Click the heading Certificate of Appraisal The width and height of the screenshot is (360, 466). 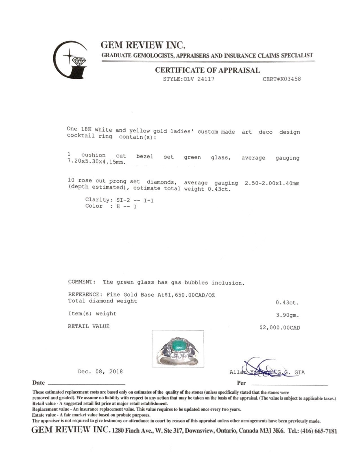pyautogui.click(x=207, y=70)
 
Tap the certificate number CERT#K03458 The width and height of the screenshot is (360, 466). pyautogui.click(x=282, y=79)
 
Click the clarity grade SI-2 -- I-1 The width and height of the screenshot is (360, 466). pyautogui.click(x=135, y=200)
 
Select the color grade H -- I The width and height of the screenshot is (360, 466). pyautogui.click(x=126, y=206)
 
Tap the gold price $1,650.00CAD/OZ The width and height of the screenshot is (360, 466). pyautogui.click(x=186, y=295)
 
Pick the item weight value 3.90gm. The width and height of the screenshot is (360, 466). pyautogui.click(x=287, y=315)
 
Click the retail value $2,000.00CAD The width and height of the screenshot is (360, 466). pyautogui.click(x=280, y=328)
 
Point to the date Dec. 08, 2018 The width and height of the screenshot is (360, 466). pyautogui.click(x=100, y=371)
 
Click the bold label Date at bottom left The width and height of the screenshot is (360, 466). pyautogui.click(x=38, y=383)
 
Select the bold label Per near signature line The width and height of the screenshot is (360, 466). pyautogui.click(x=241, y=383)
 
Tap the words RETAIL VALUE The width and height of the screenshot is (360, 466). pyautogui.click(x=89, y=326)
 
